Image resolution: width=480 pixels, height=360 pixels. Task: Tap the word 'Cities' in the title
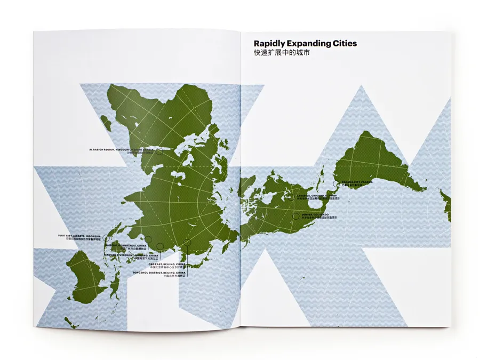(342, 43)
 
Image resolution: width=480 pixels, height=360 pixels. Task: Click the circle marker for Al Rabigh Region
(159, 151)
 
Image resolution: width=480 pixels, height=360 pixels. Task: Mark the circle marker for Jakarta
(105, 238)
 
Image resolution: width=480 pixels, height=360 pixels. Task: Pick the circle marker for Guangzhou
(149, 239)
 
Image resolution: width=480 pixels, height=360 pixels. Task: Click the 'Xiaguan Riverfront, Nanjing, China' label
(124, 255)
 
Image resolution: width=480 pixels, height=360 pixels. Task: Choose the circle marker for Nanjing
(160, 246)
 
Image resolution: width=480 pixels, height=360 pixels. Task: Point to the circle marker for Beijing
(187, 243)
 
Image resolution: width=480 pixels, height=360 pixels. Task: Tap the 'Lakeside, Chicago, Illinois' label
(317, 196)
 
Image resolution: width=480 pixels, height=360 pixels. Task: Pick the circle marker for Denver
(296, 216)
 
